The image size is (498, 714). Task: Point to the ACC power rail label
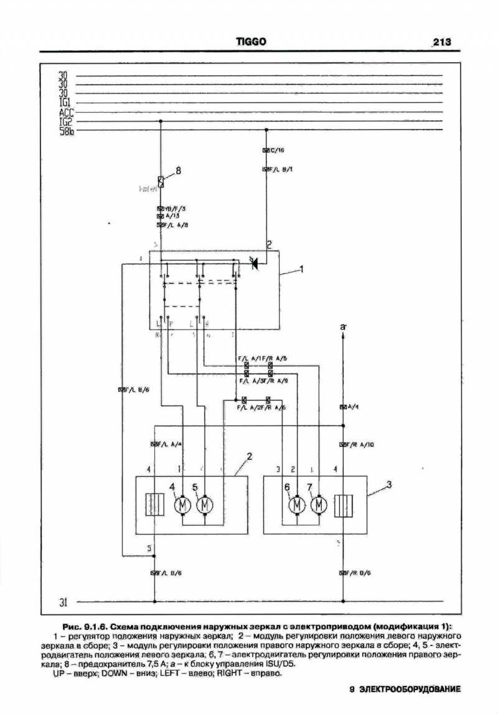coord(66,113)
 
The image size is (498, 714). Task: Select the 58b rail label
coord(66,131)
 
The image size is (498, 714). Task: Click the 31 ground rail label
coord(63,602)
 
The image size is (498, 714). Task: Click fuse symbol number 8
coord(161,182)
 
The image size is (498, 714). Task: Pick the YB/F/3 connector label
coord(175,208)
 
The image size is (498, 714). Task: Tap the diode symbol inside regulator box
coord(254,264)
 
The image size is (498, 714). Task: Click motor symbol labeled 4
coord(184,504)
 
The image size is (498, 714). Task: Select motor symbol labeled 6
coord(298,504)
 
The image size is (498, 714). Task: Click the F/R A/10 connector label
coord(360,445)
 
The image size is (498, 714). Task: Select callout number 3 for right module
coord(388,484)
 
